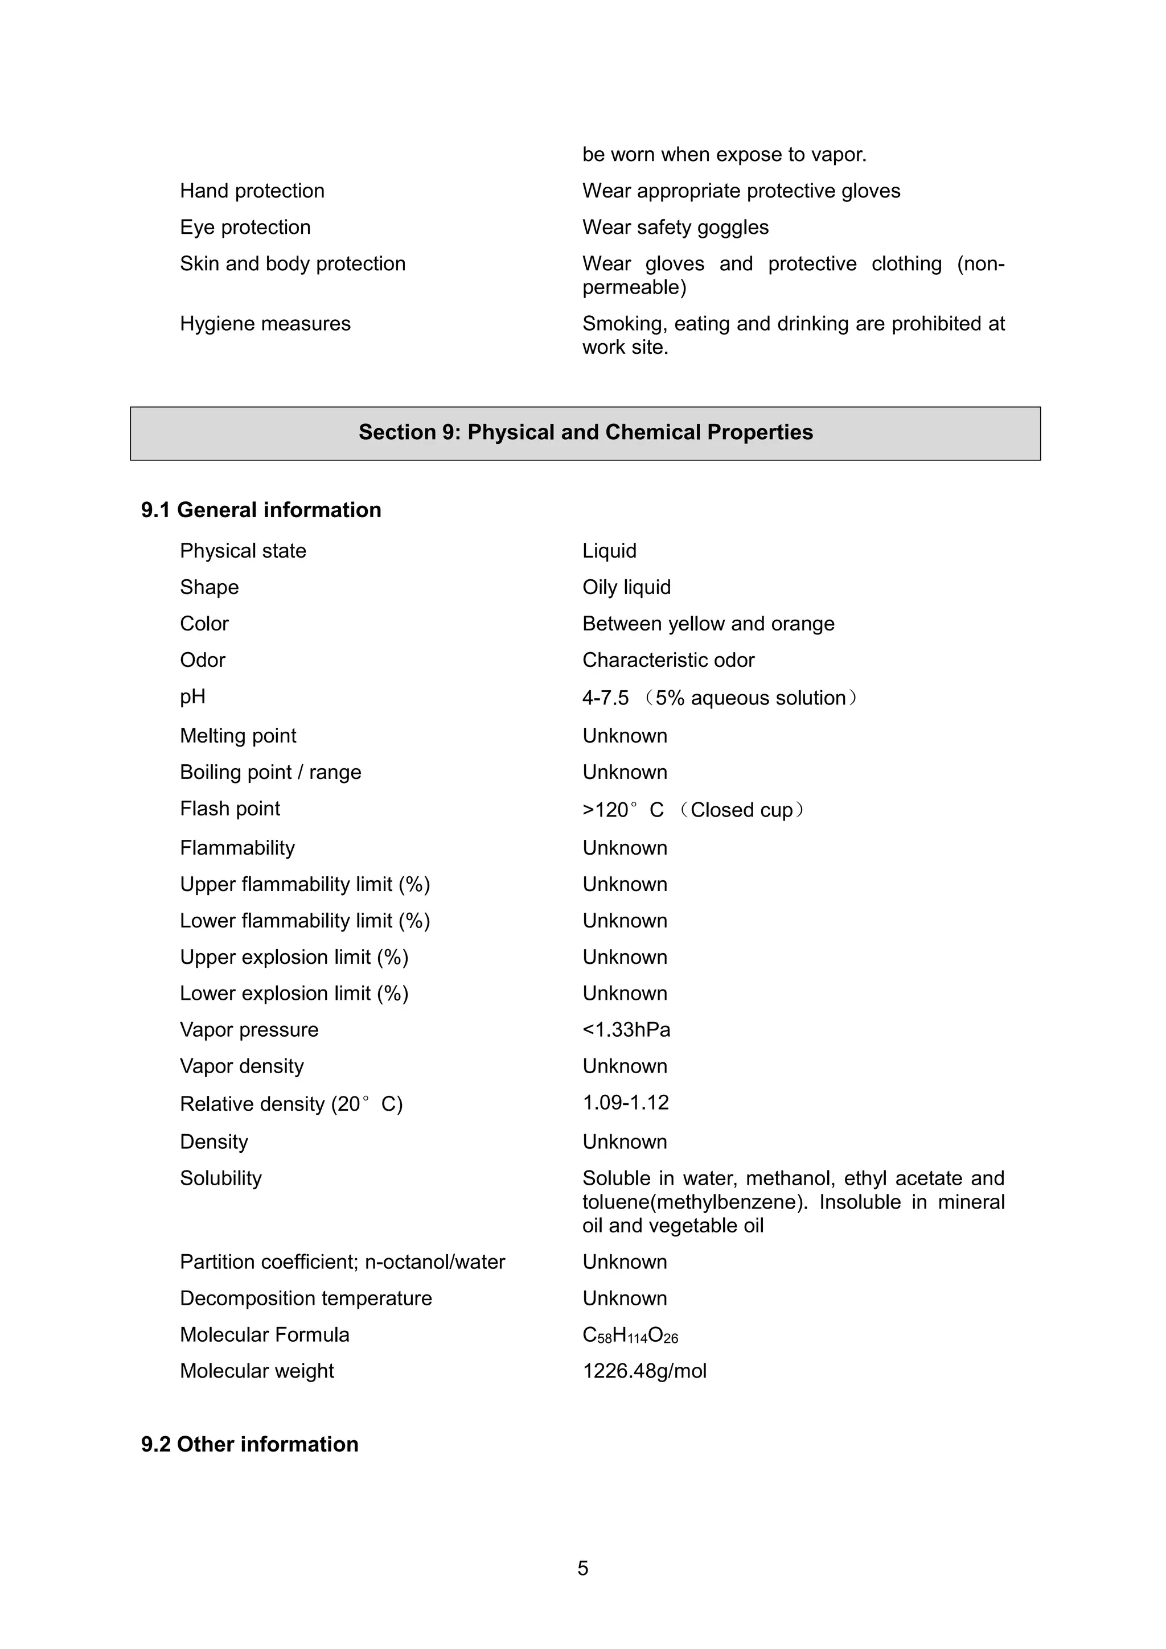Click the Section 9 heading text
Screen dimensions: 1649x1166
coord(585,432)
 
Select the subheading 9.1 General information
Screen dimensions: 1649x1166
coord(261,510)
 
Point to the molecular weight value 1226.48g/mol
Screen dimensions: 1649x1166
coord(644,1371)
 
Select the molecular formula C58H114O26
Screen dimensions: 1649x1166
coord(630,1335)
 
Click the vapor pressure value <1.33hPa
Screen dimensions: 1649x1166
coord(626,1030)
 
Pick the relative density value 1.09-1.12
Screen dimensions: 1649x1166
coord(625,1102)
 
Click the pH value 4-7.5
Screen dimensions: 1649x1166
coord(605,698)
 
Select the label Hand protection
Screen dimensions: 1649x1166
coord(252,191)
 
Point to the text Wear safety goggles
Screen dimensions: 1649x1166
coord(675,228)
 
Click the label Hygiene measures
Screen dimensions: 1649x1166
coord(265,324)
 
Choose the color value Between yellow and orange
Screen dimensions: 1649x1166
coord(708,624)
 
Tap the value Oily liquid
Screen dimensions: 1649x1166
coord(626,587)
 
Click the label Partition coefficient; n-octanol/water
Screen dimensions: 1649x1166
coord(343,1262)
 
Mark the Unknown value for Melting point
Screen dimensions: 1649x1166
coord(625,736)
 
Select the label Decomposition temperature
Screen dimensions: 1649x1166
coord(306,1298)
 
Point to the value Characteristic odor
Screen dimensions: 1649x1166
coord(668,660)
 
